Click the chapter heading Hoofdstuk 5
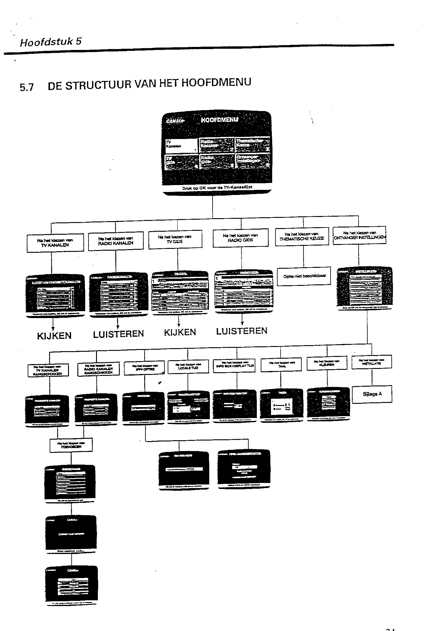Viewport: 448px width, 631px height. click(51, 42)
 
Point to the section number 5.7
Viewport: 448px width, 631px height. click(27, 88)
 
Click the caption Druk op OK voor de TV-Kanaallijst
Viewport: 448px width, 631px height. click(217, 187)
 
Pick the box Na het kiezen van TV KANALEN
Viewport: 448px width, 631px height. click(55, 243)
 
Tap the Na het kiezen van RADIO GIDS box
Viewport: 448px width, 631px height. click(240, 238)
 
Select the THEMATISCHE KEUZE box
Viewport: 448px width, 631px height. click(301, 237)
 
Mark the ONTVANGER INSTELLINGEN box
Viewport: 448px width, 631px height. click(359, 235)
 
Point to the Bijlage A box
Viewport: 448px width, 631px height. click(372, 394)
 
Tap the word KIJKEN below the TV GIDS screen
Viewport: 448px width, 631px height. click(180, 332)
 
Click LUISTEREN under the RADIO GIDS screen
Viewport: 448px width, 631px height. click(242, 331)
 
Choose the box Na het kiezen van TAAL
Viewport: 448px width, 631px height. click(282, 365)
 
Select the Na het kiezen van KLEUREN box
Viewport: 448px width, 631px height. click(327, 363)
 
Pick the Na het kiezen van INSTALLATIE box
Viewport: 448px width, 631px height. click(372, 362)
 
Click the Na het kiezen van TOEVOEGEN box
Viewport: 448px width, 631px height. click(71, 445)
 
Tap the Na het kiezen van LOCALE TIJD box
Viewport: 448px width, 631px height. click(188, 366)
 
